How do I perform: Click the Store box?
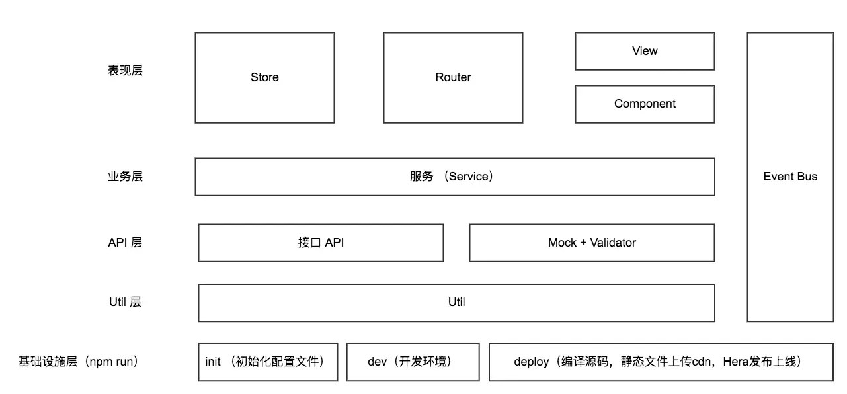(264, 77)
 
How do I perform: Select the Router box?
(453, 77)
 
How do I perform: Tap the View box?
(645, 51)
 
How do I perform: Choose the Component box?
(645, 104)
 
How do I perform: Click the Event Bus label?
(790, 177)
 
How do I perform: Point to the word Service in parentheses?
(469, 177)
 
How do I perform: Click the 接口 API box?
(321, 243)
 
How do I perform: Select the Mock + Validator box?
(592, 243)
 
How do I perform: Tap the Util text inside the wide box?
(456, 302)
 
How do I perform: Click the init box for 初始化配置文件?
(268, 362)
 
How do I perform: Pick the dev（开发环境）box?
(413, 362)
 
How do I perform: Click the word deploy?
(531, 362)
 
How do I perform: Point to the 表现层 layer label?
(125, 71)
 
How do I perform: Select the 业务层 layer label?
(125, 177)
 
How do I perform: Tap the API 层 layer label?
(125, 243)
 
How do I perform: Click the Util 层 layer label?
(125, 302)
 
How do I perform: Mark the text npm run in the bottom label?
(111, 362)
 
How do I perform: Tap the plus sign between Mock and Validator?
(583, 243)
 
